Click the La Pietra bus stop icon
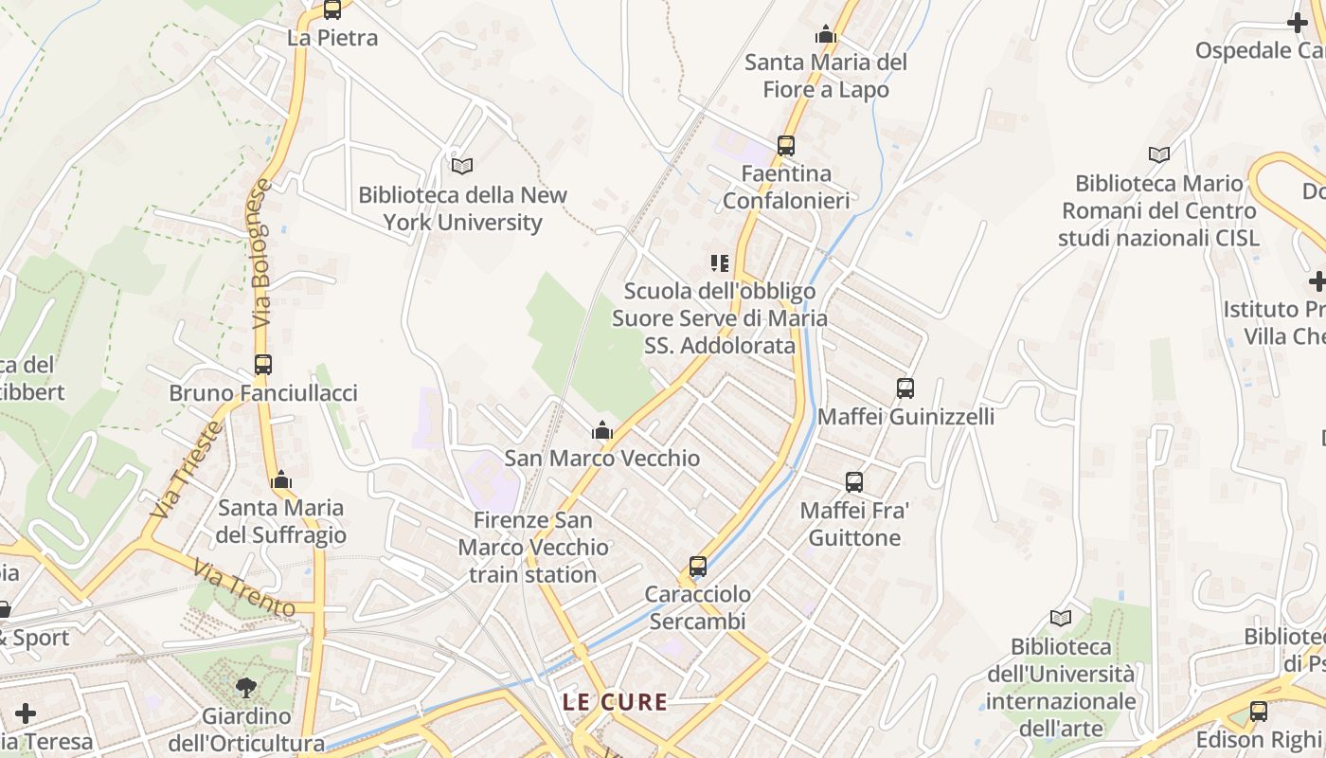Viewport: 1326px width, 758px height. [331, 10]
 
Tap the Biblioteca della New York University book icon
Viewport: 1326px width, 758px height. [462, 166]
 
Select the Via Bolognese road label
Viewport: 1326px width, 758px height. [262, 254]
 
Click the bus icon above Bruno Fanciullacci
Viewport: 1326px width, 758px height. [263, 365]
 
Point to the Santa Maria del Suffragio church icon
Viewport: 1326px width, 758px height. [280, 481]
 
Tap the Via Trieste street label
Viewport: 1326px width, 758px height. [187, 470]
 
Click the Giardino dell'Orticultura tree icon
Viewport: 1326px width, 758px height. [246, 687]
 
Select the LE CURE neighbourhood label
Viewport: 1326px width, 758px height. [615, 702]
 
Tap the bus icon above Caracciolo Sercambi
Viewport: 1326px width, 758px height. [698, 567]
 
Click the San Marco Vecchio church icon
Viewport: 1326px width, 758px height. [601, 431]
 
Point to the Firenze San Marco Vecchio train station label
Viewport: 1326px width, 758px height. [533, 547]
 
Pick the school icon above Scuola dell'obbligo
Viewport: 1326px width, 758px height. [720, 262]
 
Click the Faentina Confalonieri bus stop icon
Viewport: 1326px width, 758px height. [786, 146]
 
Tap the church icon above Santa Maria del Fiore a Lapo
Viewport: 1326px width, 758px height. [826, 35]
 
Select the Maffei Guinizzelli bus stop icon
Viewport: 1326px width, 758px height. [905, 388]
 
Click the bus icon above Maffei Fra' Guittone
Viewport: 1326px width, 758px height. [854, 482]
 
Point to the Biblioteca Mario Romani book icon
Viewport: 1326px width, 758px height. [1158, 154]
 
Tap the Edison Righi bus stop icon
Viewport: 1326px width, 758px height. [1259, 712]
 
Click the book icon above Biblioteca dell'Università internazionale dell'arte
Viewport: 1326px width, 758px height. [1061, 619]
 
